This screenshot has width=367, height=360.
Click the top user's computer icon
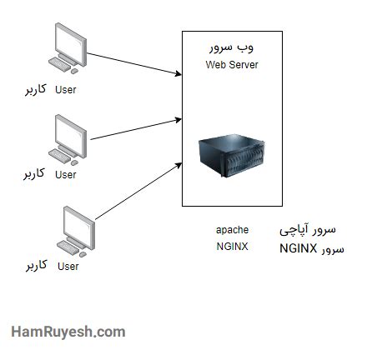(68, 48)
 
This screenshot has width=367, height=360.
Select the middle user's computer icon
(68, 137)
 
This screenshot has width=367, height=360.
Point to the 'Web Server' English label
(232, 65)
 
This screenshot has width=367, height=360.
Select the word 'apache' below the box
(232, 229)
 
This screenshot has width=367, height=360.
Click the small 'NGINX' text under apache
(232, 247)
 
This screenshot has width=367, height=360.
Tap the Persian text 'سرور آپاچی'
(307, 228)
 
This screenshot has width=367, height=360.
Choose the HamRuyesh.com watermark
(68, 332)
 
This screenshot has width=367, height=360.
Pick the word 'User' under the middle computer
(65, 175)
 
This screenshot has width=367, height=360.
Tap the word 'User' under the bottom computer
(68, 267)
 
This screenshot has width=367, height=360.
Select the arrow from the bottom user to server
(138, 190)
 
